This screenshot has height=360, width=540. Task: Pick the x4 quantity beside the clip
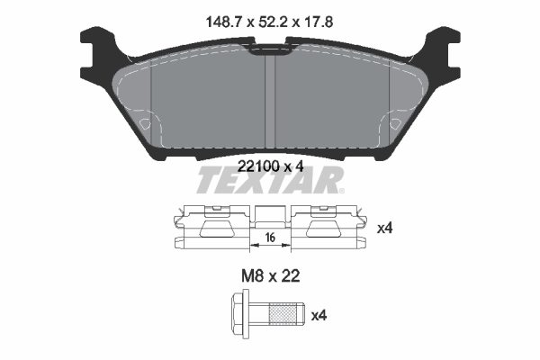[x=384, y=228]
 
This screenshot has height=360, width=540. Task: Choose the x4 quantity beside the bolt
[x=319, y=316]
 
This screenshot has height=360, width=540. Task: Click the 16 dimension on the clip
[x=270, y=238]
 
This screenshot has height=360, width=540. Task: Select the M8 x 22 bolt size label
[x=271, y=276]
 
